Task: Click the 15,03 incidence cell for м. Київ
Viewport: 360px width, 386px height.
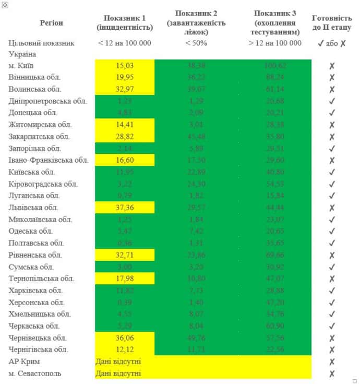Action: (125, 66)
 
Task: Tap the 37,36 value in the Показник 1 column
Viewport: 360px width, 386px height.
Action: (125, 208)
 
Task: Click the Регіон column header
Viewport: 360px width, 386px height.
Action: (51, 23)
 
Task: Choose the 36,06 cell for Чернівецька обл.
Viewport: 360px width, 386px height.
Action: (125, 337)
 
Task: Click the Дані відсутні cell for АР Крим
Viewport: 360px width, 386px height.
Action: (118, 361)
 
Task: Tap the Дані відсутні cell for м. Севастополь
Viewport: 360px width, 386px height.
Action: (118, 373)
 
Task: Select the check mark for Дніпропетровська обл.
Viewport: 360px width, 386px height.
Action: (332, 101)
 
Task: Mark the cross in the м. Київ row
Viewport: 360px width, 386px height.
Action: (332, 66)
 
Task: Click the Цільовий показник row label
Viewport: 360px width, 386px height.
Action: (42, 43)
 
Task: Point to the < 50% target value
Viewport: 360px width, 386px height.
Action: (196, 43)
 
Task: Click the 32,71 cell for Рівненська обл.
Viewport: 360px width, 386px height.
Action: (125, 255)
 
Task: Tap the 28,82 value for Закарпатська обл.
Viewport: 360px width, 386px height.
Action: (125, 137)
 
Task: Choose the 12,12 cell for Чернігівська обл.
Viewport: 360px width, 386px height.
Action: (125, 349)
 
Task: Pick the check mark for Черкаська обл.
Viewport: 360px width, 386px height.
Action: (332, 326)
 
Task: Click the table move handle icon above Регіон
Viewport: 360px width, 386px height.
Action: (5, 4)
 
